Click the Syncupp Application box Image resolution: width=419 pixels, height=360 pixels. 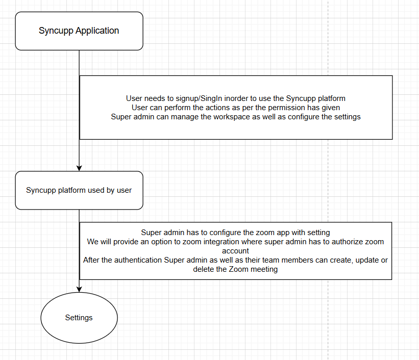79,31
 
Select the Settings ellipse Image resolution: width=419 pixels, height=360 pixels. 79,318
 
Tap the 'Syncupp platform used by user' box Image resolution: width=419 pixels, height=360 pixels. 79,190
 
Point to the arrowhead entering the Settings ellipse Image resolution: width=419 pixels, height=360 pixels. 79,290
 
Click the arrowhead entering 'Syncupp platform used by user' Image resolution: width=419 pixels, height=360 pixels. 79,168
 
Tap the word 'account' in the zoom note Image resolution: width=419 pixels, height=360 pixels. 235,251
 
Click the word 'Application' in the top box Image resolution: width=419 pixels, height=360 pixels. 97,31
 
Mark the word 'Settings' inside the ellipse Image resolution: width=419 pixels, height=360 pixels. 79,318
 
